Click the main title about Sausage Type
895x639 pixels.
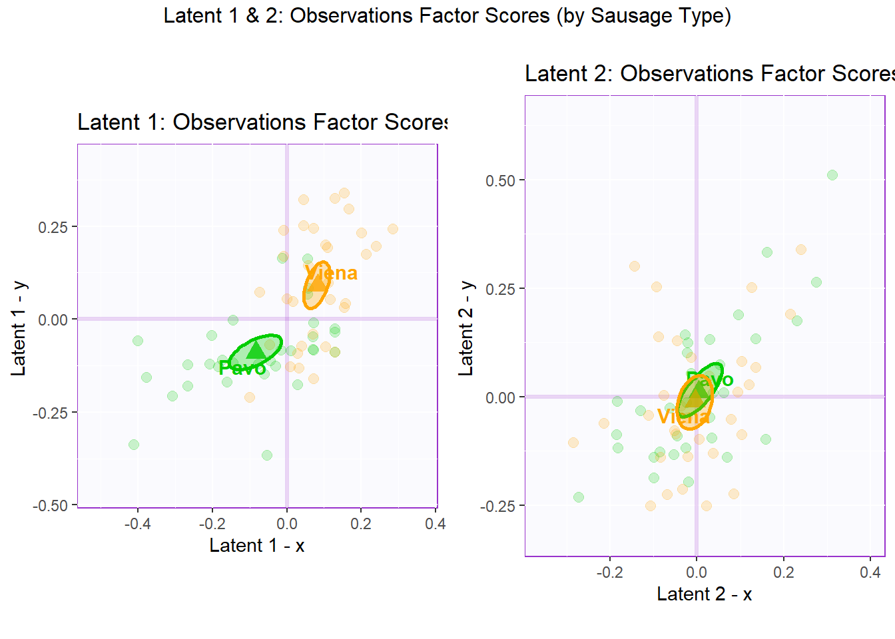pyautogui.click(x=447, y=15)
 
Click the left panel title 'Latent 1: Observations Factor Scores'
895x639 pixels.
pyautogui.click(x=262, y=122)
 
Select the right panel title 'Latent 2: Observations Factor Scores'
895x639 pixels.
pyautogui.click(x=709, y=73)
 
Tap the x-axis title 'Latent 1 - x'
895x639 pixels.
pyautogui.click(x=256, y=546)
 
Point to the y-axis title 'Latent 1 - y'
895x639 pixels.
pyautogui.click(x=19, y=328)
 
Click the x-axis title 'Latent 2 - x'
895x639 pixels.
pyautogui.click(x=704, y=594)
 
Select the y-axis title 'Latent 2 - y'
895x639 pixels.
pyautogui.click(x=466, y=328)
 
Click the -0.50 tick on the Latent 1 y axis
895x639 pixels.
pyautogui.click(x=51, y=506)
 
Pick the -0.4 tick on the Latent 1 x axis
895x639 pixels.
pyautogui.click(x=137, y=524)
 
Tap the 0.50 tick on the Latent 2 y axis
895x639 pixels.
pyautogui.click(x=500, y=180)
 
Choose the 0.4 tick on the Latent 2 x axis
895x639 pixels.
pyautogui.click(x=870, y=572)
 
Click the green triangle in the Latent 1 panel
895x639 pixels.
pyautogui.click(x=255, y=349)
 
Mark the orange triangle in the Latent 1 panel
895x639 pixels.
pyautogui.click(x=317, y=282)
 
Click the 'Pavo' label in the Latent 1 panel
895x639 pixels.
pyautogui.click(x=242, y=368)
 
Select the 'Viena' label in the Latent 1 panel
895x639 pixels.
pyautogui.click(x=331, y=273)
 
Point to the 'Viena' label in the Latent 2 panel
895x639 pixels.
pyautogui.click(x=683, y=417)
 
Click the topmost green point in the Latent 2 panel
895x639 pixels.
pyautogui.click(x=832, y=175)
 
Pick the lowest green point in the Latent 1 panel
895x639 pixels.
pyautogui.click(x=267, y=455)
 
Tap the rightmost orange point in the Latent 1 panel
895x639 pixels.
pyautogui.click(x=393, y=229)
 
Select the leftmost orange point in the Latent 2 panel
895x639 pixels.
pyautogui.click(x=573, y=443)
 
